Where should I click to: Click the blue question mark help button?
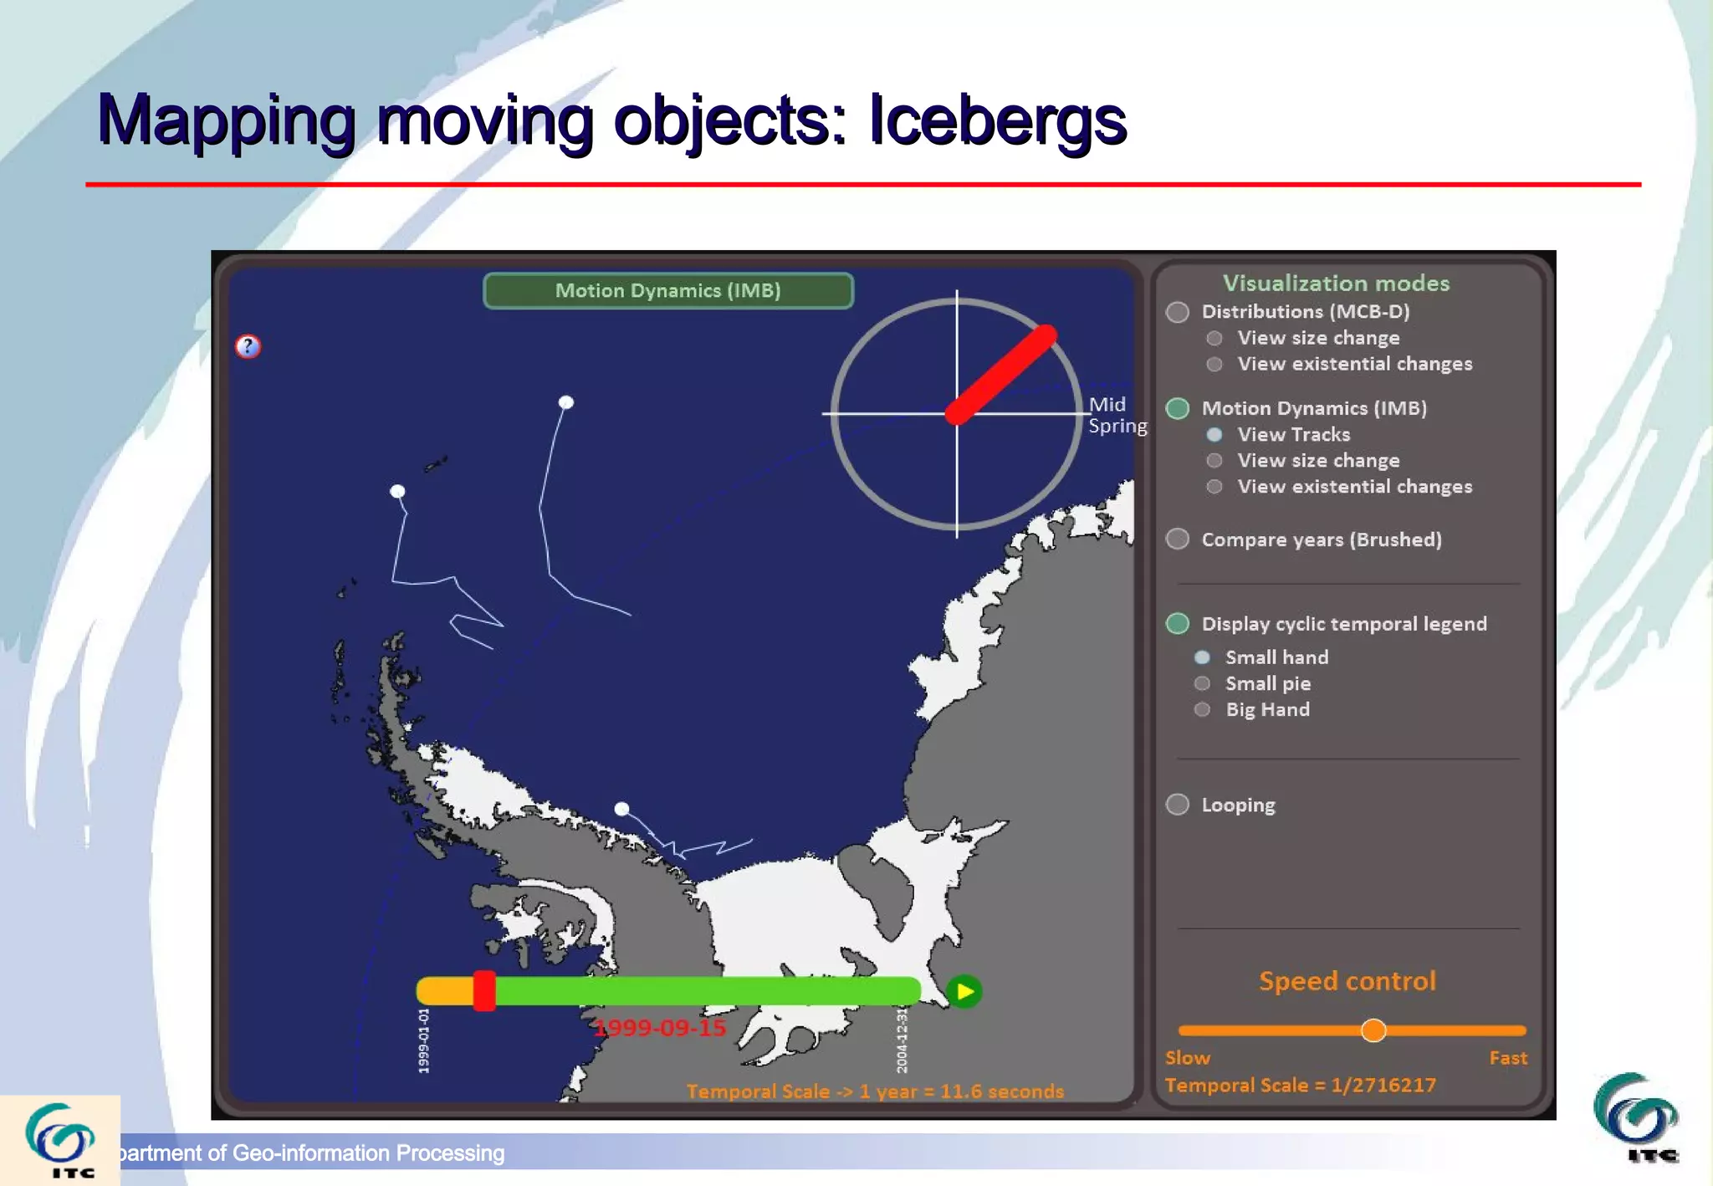click(x=248, y=346)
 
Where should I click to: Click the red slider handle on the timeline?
click(x=483, y=991)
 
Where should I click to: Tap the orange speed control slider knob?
click(x=1373, y=1030)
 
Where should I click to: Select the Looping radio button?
click(x=1178, y=805)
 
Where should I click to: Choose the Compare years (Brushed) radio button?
click(x=1178, y=539)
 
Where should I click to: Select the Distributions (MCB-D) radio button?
click(x=1178, y=312)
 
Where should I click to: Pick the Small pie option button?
click(x=1202, y=683)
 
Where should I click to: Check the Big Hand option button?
click(x=1202, y=709)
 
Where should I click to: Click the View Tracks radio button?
click(x=1214, y=434)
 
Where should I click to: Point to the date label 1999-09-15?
click(x=660, y=1028)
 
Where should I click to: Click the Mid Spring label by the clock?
click(x=1117, y=415)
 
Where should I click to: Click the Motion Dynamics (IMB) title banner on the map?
click(x=667, y=290)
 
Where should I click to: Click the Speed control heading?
click(x=1347, y=981)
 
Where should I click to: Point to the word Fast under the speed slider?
click(x=1507, y=1058)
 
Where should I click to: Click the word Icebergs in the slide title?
click(x=997, y=120)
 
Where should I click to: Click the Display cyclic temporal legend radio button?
click(x=1178, y=623)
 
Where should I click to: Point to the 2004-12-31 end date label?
click(x=902, y=1040)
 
